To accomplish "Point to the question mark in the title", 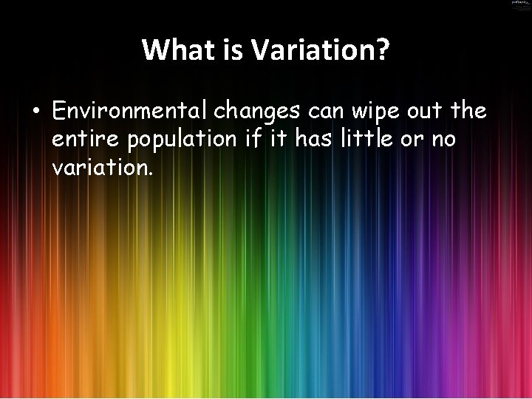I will coord(382,50).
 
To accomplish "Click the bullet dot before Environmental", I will coord(35,113).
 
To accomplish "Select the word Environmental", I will coord(130,112).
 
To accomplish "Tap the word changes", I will coord(257,112).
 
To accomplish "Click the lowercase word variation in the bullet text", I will coord(103,167).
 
